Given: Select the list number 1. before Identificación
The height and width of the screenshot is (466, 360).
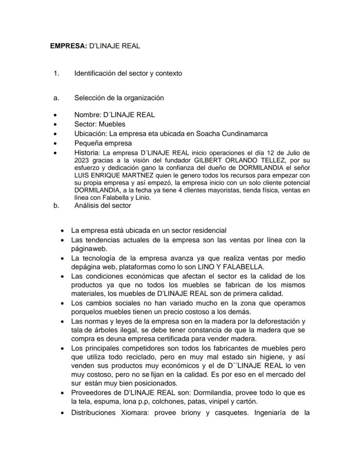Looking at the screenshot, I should pos(56,73).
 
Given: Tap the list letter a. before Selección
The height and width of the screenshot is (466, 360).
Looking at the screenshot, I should pos(56,97).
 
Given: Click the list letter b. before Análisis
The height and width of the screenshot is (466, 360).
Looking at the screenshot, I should pos(56,205).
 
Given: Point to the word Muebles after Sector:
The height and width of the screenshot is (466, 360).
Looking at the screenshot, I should pos(112,124).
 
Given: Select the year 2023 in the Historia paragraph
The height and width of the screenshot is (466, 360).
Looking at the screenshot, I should pos(82,160).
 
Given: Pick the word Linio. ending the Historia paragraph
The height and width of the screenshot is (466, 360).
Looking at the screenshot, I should pos(141,198).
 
